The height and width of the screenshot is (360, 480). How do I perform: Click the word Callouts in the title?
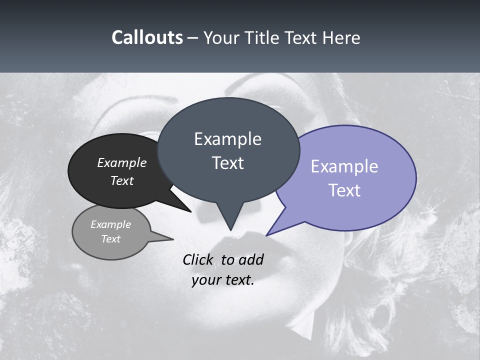147,37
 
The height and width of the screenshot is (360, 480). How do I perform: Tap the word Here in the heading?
342,38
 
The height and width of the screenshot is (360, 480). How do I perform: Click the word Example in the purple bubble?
344,166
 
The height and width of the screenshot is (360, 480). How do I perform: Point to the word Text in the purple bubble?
344,190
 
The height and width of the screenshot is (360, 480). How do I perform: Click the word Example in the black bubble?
121,163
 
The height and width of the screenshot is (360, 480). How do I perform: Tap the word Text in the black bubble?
121,180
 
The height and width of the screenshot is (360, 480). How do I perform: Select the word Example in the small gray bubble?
110,225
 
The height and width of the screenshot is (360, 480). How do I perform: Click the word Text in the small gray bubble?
110,239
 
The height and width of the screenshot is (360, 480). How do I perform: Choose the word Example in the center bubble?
227,139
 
